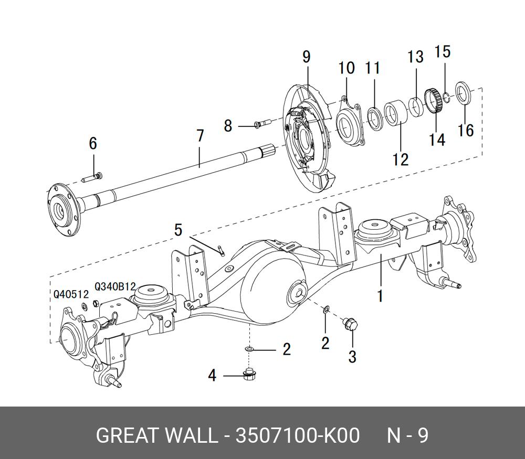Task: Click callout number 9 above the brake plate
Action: click(307, 57)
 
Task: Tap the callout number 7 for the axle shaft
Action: click(200, 135)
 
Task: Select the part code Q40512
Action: click(71, 294)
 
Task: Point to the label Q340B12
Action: click(115, 286)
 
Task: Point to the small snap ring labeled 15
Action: click(445, 95)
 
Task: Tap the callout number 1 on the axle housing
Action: click(380, 295)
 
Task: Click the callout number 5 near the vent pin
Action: click(178, 230)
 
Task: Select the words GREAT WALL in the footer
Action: click(156, 436)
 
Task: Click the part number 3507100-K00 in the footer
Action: click(298, 436)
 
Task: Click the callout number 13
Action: click(415, 57)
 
